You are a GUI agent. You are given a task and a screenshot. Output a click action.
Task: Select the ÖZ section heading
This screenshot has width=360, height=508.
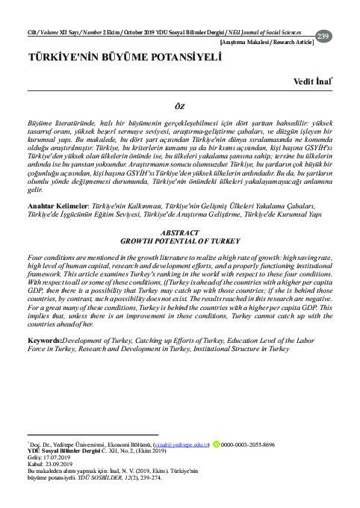point(179,107)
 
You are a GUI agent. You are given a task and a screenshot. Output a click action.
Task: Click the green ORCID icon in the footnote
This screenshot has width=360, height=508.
point(217,444)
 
